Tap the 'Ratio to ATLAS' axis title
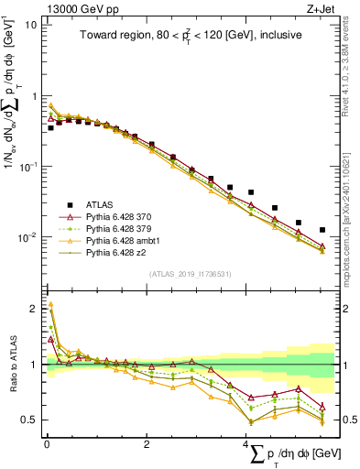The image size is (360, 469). click(11, 365)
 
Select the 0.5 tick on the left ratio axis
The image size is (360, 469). click(29, 420)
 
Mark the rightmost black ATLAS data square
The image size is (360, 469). click(322, 230)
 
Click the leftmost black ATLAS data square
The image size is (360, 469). click(51, 128)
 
